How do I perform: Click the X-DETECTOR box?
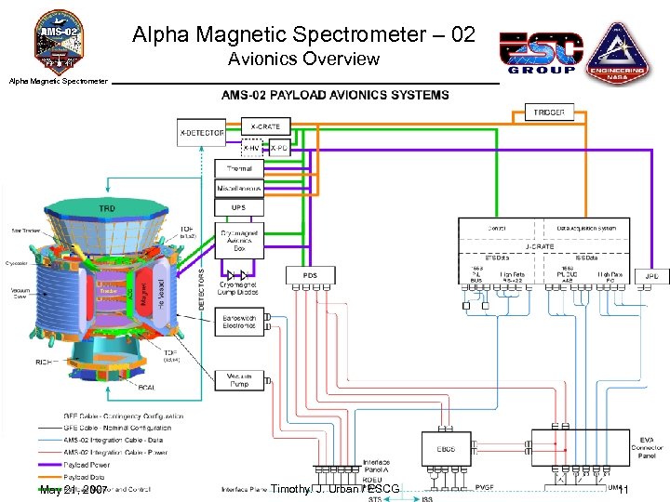click(201, 133)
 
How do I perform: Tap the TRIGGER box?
click(549, 112)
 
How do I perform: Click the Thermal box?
click(239, 168)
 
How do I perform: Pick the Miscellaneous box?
click(239, 188)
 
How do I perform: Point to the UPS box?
click(239, 207)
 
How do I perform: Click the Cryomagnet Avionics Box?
click(239, 240)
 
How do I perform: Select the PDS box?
click(310, 276)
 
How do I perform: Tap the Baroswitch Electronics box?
click(239, 322)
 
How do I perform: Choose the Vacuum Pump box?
click(239, 379)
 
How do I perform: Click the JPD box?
click(651, 276)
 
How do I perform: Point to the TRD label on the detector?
click(108, 209)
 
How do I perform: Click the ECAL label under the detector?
click(145, 388)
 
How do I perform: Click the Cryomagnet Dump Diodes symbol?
click(239, 275)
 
